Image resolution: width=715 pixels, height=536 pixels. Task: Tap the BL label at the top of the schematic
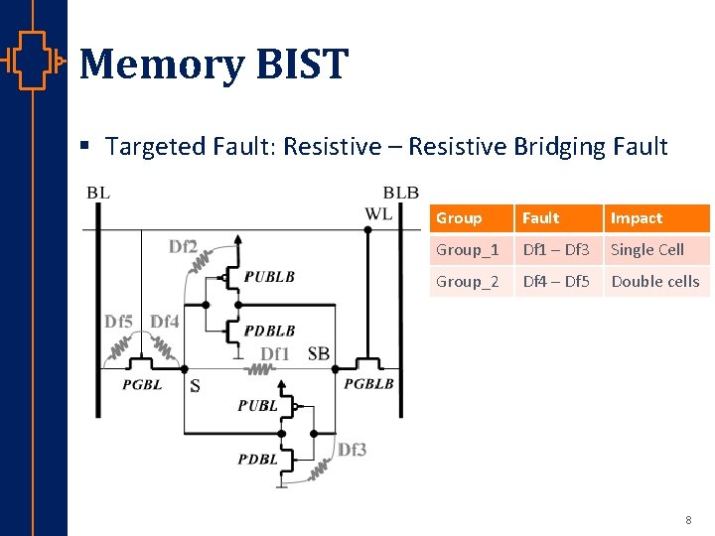coord(98,193)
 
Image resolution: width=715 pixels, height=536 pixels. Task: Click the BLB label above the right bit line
coord(400,193)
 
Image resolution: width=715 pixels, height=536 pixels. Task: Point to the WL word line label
coord(378,213)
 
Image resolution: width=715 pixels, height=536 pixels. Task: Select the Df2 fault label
coord(183,246)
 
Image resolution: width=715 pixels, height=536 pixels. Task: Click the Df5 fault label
coord(119,321)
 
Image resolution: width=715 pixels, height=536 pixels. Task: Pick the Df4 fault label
coord(165,321)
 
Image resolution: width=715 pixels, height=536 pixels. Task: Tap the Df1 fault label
coord(275,354)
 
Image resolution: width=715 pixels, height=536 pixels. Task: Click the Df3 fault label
coord(352,450)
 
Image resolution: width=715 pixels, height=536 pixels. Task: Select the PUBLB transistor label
coord(269,277)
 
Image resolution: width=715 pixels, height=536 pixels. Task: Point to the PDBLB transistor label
coord(269,331)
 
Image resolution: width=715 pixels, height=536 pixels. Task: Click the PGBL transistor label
coord(142,384)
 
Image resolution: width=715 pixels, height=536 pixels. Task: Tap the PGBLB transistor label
coord(368,384)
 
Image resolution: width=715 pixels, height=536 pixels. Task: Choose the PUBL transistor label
coord(257,405)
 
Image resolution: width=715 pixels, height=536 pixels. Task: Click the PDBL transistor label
coord(257,459)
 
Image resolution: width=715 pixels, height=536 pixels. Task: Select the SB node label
coord(319,354)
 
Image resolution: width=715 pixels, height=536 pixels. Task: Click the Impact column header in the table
coord(637,218)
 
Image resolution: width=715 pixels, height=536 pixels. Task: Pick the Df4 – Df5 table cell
coord(556,282)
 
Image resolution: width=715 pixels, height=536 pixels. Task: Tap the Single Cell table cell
coord(647,250)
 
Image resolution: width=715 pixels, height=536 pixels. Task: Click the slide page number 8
coord(688,520)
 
